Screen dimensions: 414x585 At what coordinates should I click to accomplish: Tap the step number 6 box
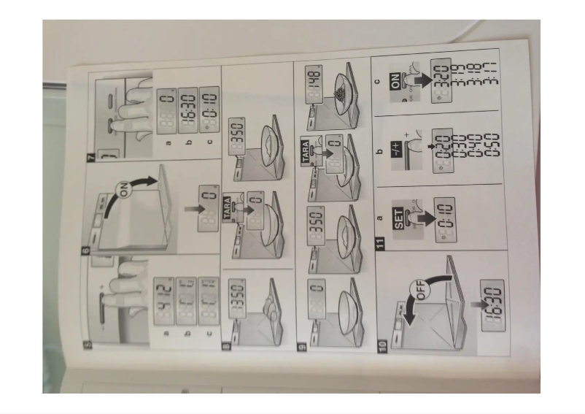86,251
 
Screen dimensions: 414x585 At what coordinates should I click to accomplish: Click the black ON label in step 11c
396,85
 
